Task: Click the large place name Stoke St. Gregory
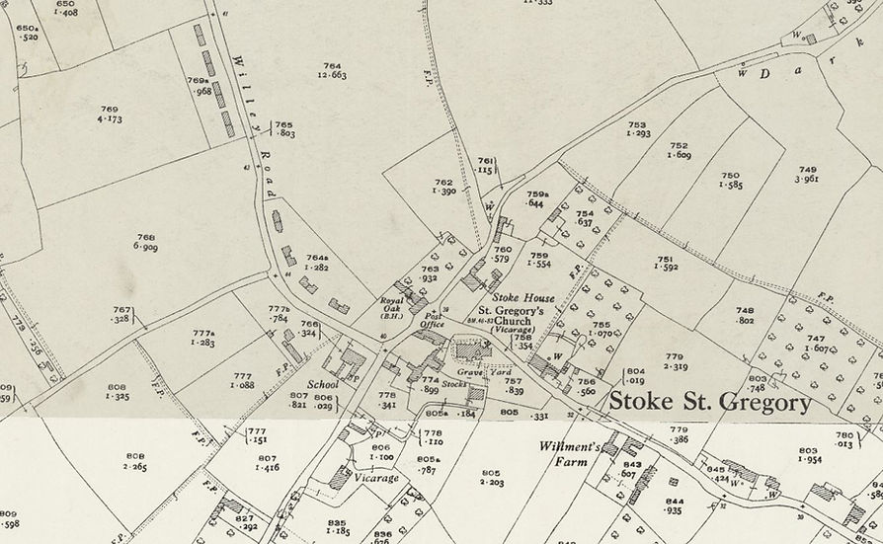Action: point(709,403)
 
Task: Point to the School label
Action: point(323,384)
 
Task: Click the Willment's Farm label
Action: point(571,453)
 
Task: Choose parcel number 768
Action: point(146,237)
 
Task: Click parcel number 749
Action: point(807,169)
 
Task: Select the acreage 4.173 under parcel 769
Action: point(110,119)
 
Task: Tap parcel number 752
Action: point(679,145)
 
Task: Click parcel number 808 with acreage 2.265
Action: point(135,456)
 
